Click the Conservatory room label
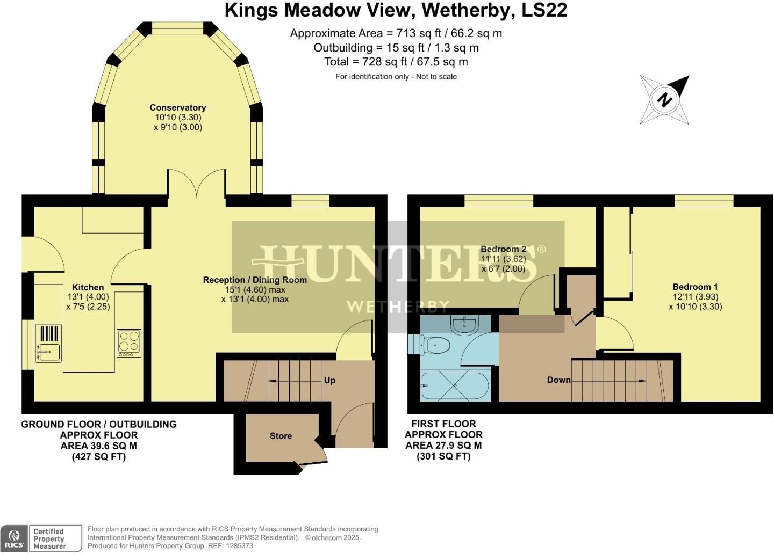pos(177,107)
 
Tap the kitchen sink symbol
pos(48,343)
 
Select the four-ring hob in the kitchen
pos(129,343)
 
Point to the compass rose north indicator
pos(665,100)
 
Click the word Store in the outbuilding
pos(281,436)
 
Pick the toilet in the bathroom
pos(435,345)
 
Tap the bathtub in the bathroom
pos(455,386)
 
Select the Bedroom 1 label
pos(695,287)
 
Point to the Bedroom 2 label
pos(503,249)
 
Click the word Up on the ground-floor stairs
pos(329,380)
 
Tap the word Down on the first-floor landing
pos(558,380)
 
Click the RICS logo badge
pos(15,538)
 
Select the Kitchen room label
pos(88,287)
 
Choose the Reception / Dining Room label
pos(255,280)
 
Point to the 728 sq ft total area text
pos(396,62)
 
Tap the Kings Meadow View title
pos(396,10)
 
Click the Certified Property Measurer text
pos(49,538)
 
